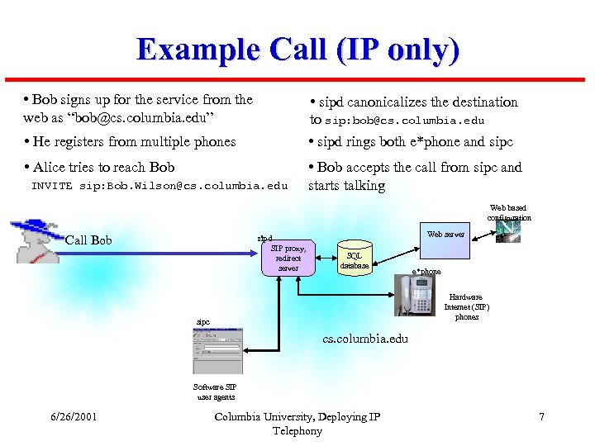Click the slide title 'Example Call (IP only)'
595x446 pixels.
click(x=297, y=50)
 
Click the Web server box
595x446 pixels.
click(x=446, y=235)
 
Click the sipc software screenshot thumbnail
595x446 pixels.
click(x=217, y=352)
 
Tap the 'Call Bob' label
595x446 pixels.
click(x=88, y=240)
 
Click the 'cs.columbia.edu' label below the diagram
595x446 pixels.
click(x=365, y=339)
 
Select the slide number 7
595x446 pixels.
click(x=541, y=417)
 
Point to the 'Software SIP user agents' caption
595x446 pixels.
click(x=215, y=391)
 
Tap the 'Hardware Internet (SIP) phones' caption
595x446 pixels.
click(x=467, y=307)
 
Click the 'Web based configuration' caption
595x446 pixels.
click(x=508, y=213)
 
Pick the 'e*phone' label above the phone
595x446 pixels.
click(x=426, y=272)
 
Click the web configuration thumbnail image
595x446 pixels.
click(x=508, y=232)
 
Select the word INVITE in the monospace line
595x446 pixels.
click(x=52, y=186)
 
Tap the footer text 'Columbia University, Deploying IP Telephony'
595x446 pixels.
click(x=297, y=424)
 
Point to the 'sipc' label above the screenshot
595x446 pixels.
click(x=202, y=321)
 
